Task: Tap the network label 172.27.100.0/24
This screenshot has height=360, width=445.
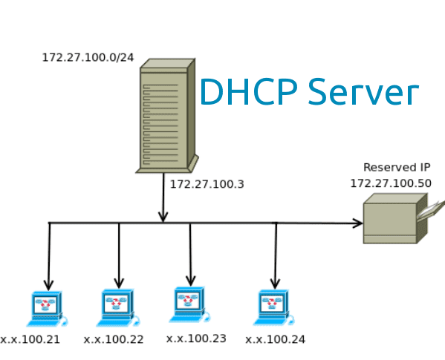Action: (88, 57)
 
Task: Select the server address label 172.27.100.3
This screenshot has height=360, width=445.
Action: (207, 184)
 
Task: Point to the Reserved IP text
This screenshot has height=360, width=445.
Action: (396, 168)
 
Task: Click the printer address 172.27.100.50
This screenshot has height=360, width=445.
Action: (391, 183)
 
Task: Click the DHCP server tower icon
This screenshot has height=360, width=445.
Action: (166, 117)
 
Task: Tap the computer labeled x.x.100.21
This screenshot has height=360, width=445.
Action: (46, 307)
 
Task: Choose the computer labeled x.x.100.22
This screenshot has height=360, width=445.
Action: (117, 306)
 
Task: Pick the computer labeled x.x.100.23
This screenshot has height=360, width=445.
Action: (189, 304)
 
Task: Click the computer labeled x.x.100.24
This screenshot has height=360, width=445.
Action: (273, 307)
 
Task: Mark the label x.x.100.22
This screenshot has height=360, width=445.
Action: (114, 339)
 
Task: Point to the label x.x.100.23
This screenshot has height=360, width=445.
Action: (196, 338)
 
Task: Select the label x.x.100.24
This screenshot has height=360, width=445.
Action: (275, 339)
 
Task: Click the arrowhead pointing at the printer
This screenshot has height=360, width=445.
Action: (358, 223)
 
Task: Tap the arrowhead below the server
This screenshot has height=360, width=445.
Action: (163, 216)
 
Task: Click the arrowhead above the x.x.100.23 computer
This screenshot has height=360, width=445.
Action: (190, 280)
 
